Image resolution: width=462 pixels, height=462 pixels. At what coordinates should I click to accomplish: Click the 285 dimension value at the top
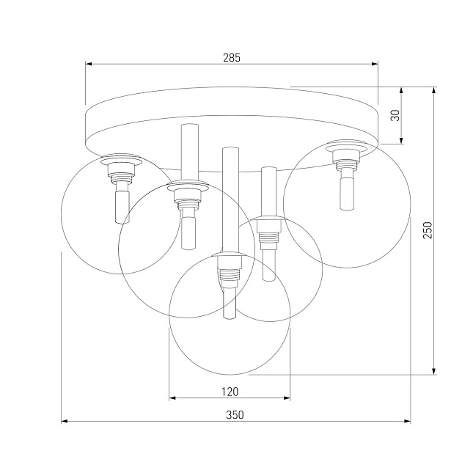tap(231, 56)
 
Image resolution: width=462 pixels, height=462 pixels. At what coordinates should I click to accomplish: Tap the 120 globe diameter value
tap(230, 391)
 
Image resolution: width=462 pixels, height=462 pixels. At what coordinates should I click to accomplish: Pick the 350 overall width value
tap(234, 414)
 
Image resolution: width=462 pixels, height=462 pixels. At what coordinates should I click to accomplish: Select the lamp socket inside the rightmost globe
tap(345, 158)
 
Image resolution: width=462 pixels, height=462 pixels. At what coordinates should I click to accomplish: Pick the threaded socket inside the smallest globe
tap(269, 233)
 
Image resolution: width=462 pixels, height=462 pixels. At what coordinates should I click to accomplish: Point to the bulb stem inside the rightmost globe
tap(345, 193)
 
